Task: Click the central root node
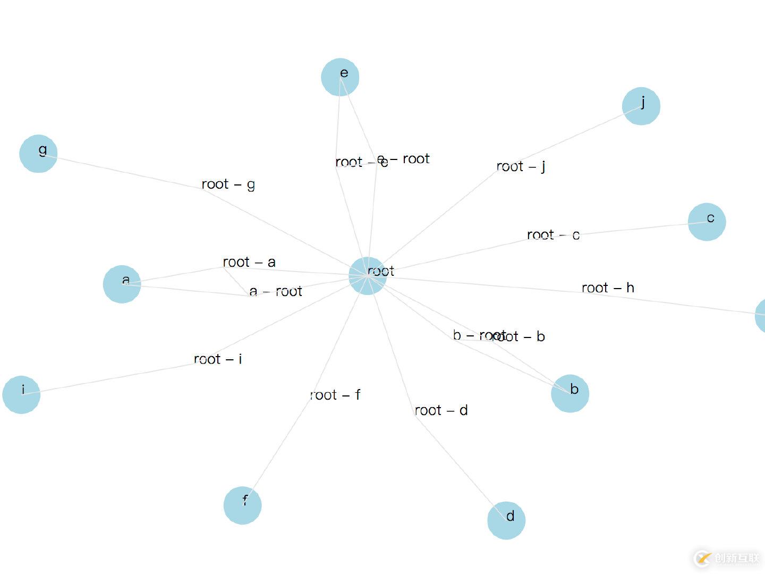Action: click(368, 275)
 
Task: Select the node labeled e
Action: click(340, 77)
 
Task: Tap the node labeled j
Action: click(641, 106)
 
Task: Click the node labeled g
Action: click(38, 154)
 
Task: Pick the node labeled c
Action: click(707, 222)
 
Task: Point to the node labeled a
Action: click(122, 284)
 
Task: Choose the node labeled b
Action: click(570, 393)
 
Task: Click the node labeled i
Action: click(21, 394)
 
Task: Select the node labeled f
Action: click(242, 505)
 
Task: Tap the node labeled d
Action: click(506, 520)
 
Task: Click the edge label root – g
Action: click(228, 184)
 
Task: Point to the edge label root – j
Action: click(521, 167)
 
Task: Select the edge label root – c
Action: click(553, 235)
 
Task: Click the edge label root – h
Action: click(608, 288)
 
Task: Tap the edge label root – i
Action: click(218, 359)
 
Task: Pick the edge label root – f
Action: click(335, 395)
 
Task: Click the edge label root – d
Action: click(441, 410)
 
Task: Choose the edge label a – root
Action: click(276, 291)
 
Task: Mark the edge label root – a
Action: click(249, 262)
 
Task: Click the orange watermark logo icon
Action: click(703, 558)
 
